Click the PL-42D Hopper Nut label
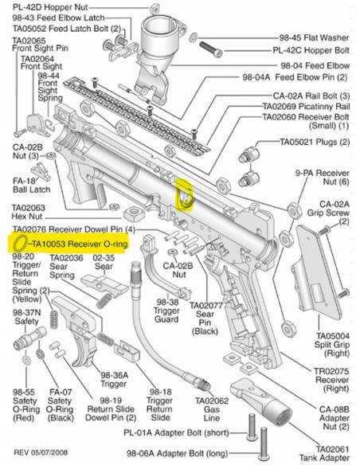[50, 7]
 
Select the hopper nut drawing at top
[155, 10]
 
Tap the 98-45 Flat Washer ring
[193, 37]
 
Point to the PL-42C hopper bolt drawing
[211, 49]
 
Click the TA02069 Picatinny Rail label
[307, 106]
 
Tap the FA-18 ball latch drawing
[41, 172]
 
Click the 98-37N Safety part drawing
[30, 339]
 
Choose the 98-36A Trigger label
[114, 379]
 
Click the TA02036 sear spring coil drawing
[104, 301]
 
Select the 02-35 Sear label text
[104, 262]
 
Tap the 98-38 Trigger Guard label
[166, 311]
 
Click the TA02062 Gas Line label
[212, 409]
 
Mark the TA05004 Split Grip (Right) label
[332, 345]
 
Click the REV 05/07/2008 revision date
[41, 452]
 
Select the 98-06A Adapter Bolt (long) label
[178, 453]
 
